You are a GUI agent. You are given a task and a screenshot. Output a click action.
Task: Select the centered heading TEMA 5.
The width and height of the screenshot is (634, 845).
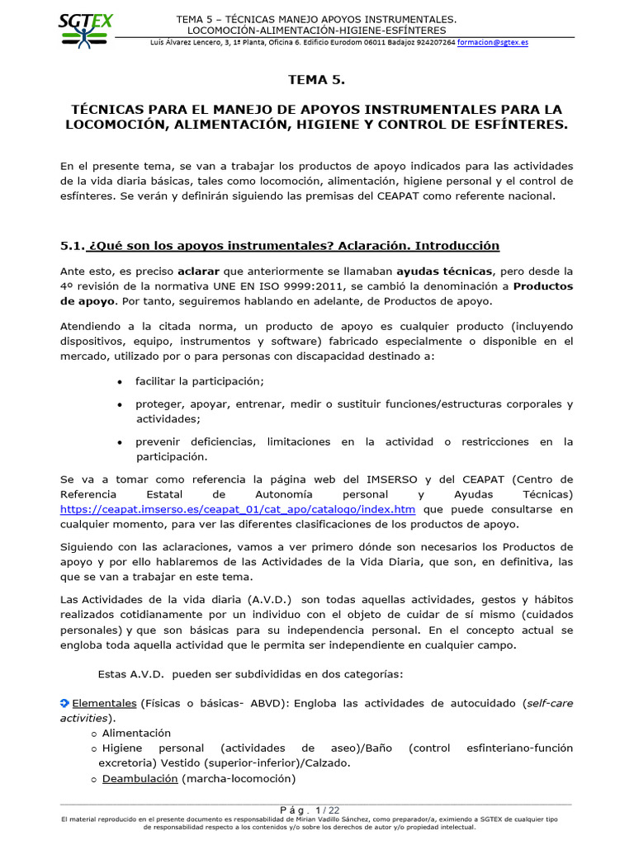coord(316,80)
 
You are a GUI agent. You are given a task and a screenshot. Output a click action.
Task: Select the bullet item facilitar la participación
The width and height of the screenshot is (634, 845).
coord(200,380)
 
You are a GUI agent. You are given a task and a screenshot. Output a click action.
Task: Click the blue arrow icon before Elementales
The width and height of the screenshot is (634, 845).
coord(65,703)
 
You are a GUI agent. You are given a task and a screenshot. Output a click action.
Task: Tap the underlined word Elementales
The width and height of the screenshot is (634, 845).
coord(104,703)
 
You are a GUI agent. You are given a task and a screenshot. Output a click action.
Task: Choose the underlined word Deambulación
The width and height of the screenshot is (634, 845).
coord(140,778)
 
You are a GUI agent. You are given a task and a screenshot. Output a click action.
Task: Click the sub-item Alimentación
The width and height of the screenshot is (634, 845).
coord(136,733)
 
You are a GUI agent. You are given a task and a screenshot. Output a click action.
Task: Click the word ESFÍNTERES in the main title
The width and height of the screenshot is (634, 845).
coord(518,125)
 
